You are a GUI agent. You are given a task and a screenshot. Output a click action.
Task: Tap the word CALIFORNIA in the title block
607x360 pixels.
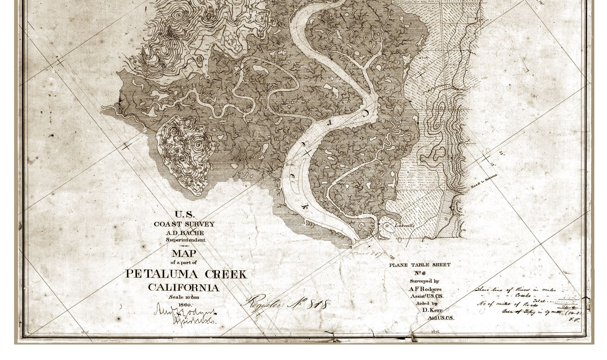coord(184,288)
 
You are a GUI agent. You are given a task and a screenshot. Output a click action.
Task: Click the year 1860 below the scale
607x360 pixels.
coord(184,305)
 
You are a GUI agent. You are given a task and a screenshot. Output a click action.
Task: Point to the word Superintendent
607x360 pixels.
coord(186,240)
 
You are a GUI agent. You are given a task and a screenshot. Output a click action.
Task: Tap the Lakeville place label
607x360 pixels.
coord(404,226)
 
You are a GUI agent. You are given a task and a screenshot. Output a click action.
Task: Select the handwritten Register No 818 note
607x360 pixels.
coord(285,304)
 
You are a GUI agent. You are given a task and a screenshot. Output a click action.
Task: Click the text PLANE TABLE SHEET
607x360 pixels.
coord(420,265)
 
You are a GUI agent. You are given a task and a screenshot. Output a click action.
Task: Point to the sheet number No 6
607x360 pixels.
coord(420,273)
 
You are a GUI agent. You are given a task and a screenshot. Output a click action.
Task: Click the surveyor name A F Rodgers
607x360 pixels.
coord(425,289)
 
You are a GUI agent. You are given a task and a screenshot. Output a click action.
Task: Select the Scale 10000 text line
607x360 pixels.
coord(184,297)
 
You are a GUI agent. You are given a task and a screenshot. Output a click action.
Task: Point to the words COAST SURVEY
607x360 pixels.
coord(184,224)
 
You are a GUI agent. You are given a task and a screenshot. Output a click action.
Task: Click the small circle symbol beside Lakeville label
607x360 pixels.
coord(387,226)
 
